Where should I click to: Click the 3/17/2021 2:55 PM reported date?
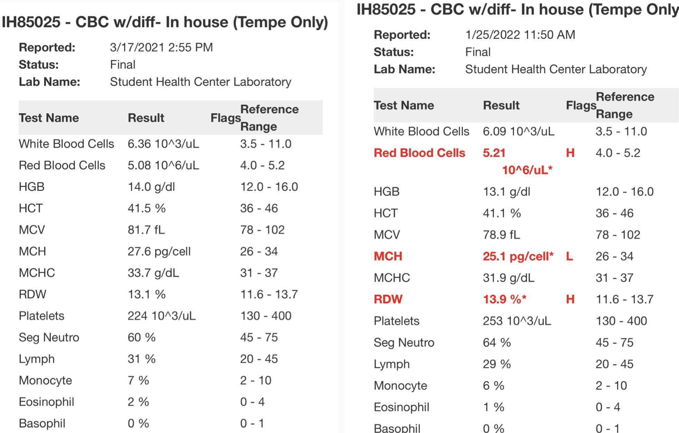[x=161, y=47]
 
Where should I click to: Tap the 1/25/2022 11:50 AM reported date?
[x=520, y=35]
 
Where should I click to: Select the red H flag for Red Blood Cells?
[x=570, y=153]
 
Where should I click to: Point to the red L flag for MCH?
[x=569, y=256]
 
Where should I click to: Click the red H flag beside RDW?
[x=570, y=299]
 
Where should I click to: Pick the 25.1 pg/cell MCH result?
[x=518, y=256]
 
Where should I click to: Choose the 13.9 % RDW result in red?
[x=504, y=299]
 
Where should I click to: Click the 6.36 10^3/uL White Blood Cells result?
[x=163, y=144]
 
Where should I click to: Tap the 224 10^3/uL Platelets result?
[x=161, y=316]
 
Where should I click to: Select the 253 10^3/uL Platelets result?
[x=517, y=321]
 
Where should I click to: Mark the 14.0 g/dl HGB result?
[x=151, y=187]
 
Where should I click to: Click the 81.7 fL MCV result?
[x=146, y=230]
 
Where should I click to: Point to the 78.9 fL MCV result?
[x=501, y=235]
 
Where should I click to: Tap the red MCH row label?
[x=388, y=256]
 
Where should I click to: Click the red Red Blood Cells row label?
[x=419, y=153]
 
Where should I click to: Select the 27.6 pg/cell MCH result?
[x=159, y=252]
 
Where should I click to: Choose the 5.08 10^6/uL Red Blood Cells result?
[x=163, y=166]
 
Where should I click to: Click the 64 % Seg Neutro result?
[x=497, y=343]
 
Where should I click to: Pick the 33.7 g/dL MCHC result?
[x=153, y=273]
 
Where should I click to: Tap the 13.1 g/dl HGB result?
[x=506, y=192]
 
